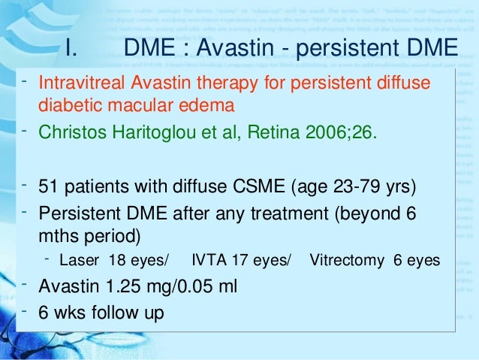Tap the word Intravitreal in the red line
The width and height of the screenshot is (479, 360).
(79, 81)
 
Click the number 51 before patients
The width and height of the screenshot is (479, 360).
(49, 186)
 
